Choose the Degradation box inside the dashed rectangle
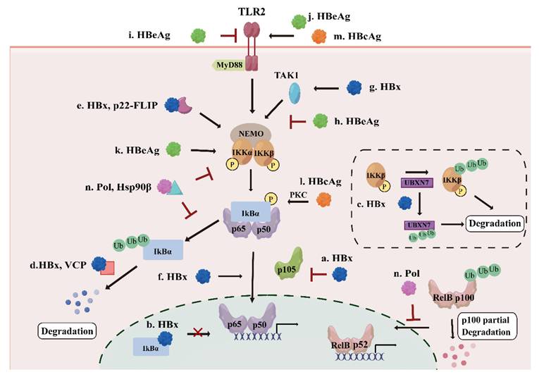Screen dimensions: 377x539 pos(497,224)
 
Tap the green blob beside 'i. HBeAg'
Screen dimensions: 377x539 pos(200,33)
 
